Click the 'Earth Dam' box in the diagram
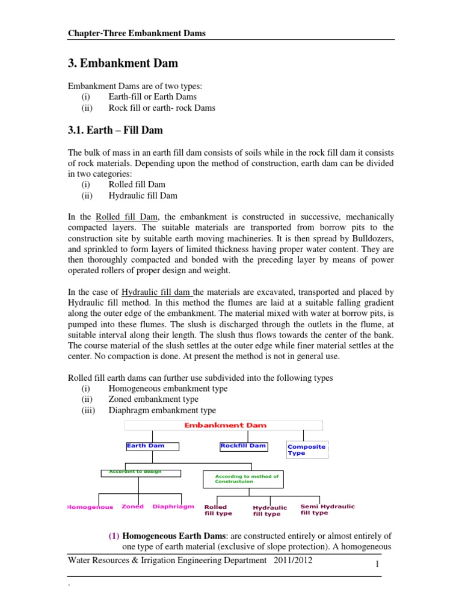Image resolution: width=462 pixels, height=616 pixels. [145, 446]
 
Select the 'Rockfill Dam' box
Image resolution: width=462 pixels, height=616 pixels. [244, 446]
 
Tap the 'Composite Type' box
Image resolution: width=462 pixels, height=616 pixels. [307, 449]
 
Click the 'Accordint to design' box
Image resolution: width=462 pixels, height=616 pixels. [135, 472]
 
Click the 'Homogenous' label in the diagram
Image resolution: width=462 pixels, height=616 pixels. [90, 507]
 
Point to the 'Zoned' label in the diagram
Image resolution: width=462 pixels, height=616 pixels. [132, 507]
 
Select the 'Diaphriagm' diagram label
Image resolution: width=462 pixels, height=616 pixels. [173, 507]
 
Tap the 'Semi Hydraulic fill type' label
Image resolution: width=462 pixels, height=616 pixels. [327, 510]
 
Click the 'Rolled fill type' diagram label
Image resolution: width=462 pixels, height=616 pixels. [218, 510]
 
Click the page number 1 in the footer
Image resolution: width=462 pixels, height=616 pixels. [375, 564]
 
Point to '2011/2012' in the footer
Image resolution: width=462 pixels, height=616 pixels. [292, 560]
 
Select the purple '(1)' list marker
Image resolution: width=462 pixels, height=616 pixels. [114, 535]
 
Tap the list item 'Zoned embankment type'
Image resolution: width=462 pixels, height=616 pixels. [153, 399]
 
